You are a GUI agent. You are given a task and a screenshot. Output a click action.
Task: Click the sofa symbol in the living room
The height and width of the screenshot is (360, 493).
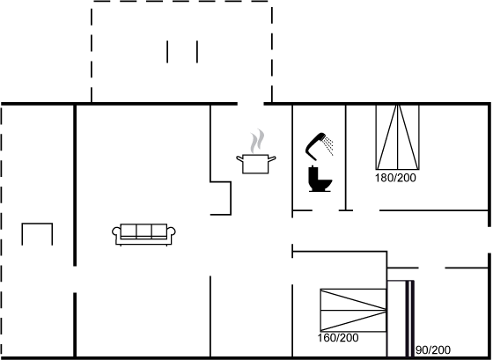[143, 234]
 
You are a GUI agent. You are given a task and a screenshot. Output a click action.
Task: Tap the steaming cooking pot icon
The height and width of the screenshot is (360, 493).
[256, 151]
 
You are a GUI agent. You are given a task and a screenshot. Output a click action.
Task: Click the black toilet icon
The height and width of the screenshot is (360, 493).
[320, 179]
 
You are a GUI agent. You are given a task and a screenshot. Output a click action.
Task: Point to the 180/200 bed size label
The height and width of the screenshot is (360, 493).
[395, 178]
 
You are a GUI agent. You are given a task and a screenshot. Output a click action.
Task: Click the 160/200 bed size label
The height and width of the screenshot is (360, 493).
[338, 338]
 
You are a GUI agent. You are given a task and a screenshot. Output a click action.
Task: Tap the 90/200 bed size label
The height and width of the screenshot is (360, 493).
[433, 350]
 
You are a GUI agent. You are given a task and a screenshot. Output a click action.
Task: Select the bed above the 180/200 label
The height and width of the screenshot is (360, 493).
[397, 137]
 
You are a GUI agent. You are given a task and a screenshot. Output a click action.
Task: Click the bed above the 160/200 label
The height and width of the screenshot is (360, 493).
[353, 310]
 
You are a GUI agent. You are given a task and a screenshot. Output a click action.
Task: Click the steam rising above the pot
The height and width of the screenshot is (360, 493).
[257, 141]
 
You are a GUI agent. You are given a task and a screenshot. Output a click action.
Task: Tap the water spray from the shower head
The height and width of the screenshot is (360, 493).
[329, 145]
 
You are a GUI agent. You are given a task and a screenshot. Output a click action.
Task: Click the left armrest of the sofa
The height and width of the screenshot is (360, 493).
[116, 232]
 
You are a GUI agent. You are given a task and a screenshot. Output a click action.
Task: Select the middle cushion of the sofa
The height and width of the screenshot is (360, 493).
[143, 231]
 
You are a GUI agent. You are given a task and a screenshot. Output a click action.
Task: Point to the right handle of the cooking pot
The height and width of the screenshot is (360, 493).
[272, 158]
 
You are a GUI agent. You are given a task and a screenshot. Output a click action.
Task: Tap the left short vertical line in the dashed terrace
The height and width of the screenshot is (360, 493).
[167, 52]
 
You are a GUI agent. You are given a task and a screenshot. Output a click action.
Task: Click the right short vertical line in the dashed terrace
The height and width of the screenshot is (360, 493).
[197, 52]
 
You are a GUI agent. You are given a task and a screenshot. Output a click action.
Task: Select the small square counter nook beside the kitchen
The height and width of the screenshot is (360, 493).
[221, 198]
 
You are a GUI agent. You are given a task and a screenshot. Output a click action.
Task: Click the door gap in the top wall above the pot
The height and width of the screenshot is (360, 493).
[251, 104]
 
